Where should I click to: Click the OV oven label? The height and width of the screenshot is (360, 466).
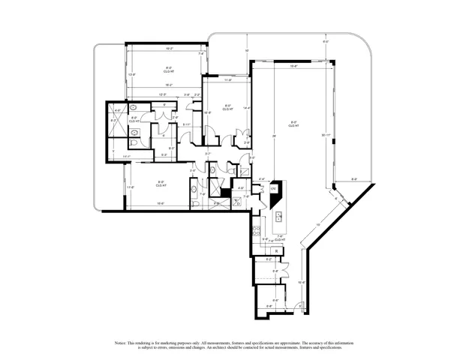tap(273, 189)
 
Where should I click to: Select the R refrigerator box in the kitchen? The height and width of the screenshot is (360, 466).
tap(277, 250)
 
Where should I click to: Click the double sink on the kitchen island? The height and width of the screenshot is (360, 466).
tap(278, 218)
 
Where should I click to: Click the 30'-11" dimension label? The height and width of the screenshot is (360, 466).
tap(325, 135)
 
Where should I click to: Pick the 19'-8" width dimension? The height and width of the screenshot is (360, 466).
tap(293, 66)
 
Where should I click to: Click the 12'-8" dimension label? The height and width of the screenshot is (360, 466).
tap(131, 74)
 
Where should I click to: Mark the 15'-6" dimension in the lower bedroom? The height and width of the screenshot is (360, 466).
tap(160, 203)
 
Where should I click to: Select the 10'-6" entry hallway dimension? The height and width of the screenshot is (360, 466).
tap(301, 283)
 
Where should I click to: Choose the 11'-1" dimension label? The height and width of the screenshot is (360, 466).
tap(128, 157)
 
